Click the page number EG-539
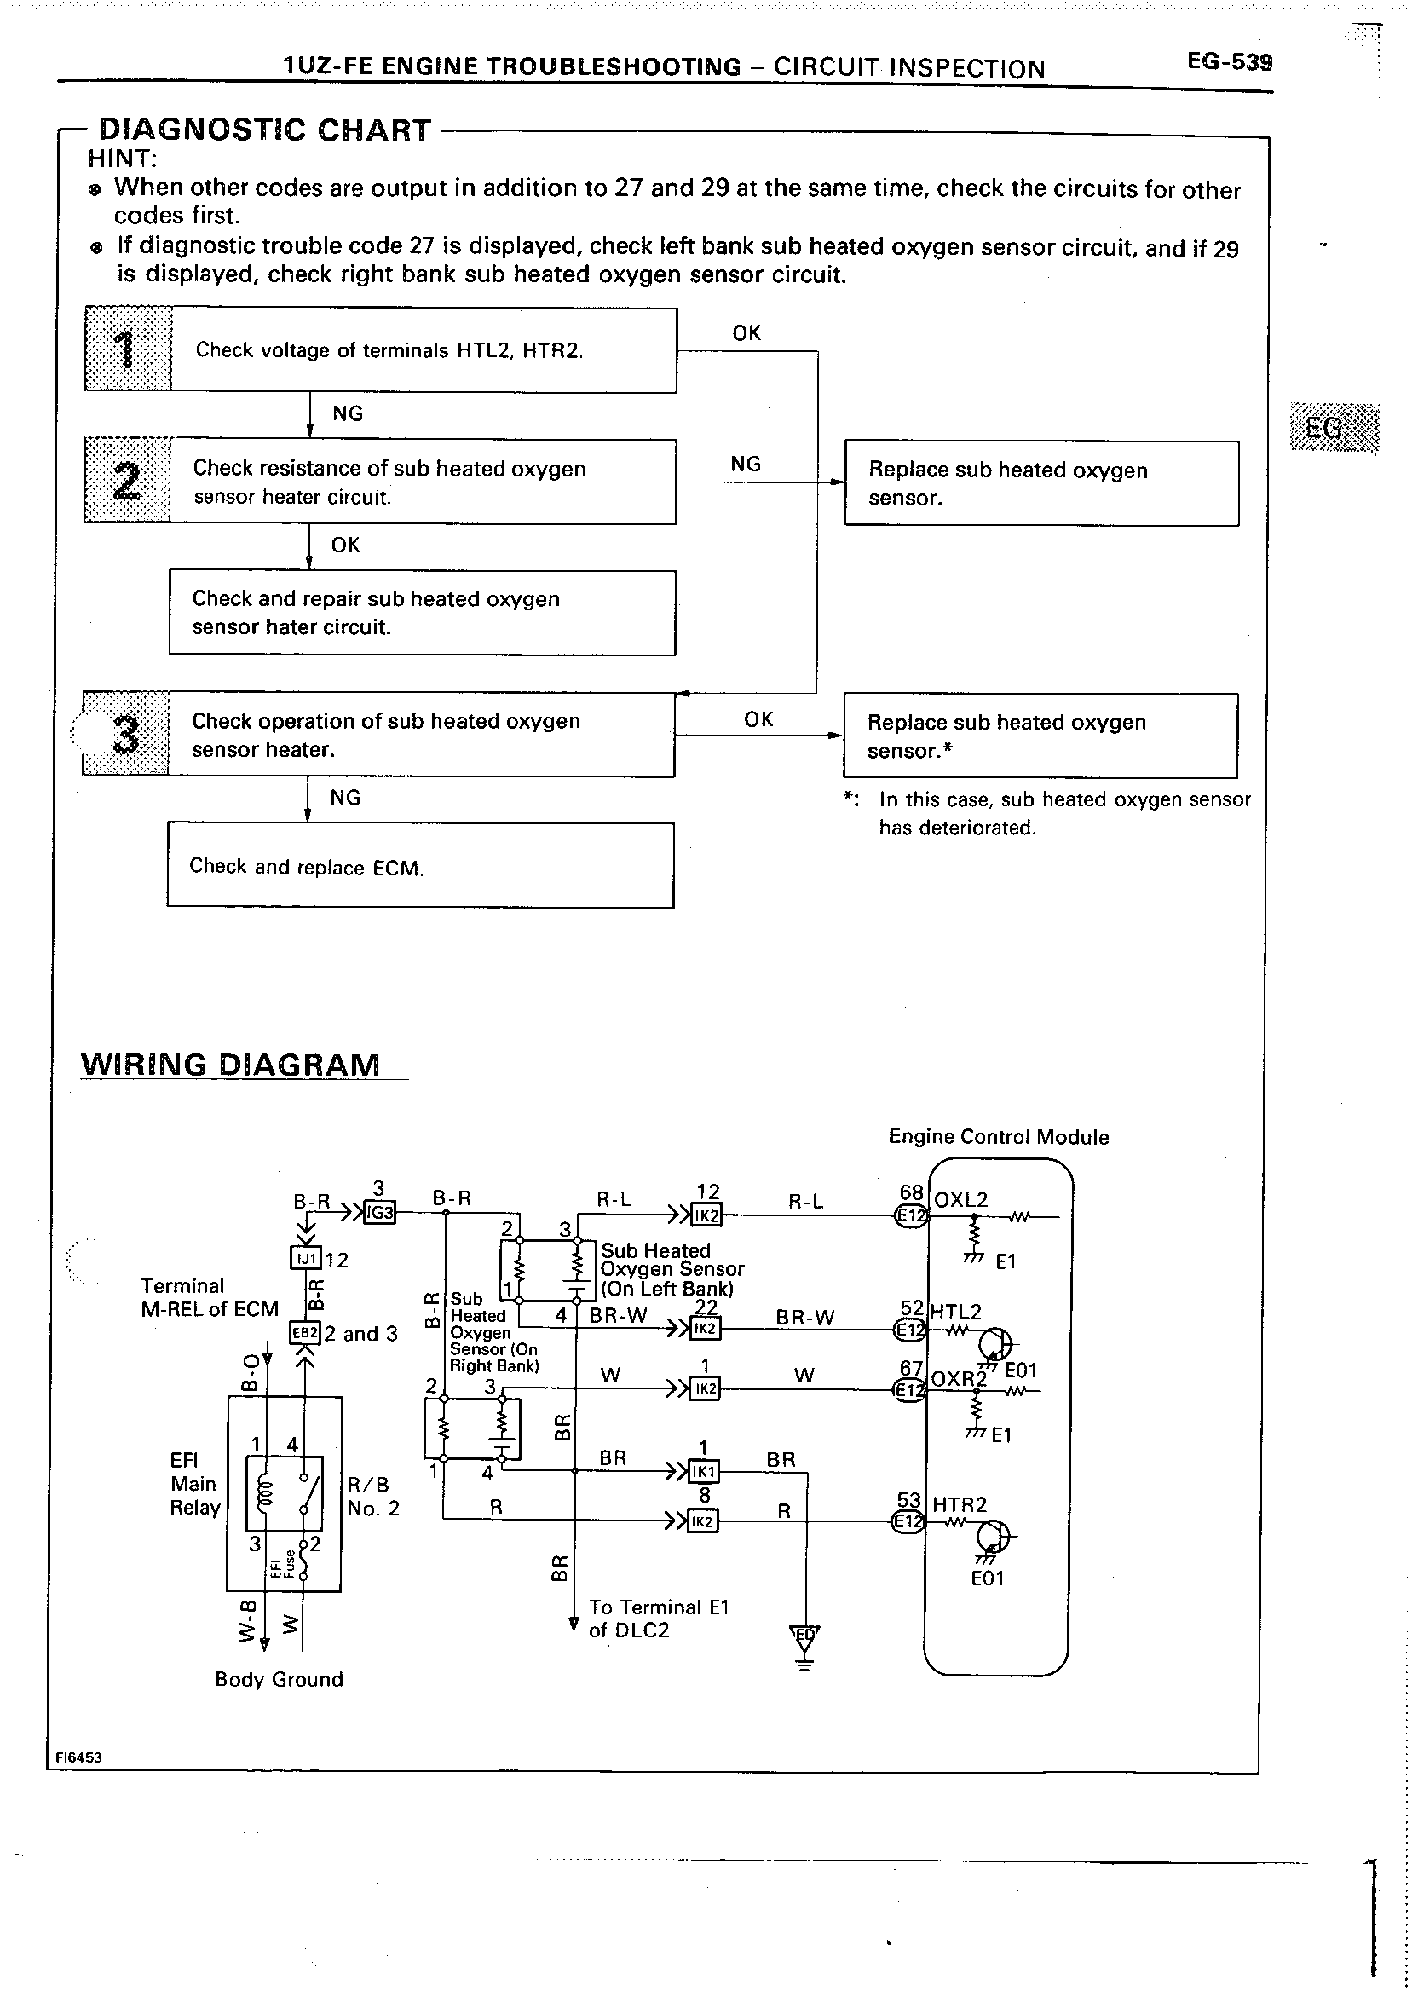pyautogui.click(x=1229, y=62)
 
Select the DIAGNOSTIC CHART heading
pyautogui.click(x=264, y=130)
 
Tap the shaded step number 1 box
pyautogui.click(x=129, y=349)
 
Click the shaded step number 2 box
pyautogui.click(x=128, y=482)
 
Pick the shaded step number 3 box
pyautogui.click(x=126, y=735)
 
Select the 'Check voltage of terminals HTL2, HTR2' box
pyautogui.click(x=424, y=350)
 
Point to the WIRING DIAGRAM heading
pyautogui.click(x=231, y=1065)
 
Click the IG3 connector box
pyautogui.click(x=380, y=1213)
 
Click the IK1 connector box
pyautogui.click(x=704, y=1472)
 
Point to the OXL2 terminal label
pyautogui.click(x=960, y=1200)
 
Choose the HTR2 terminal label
pyautogui.click(x=959, y=1504)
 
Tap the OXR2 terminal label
pyautogui.click(x=958, y=1379)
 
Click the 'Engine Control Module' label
pyautogui.click(x=998, y=1137)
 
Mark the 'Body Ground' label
pyautogui.click(x=279, y=1679)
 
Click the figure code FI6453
pyautogui.click(x=78, y=1757)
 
